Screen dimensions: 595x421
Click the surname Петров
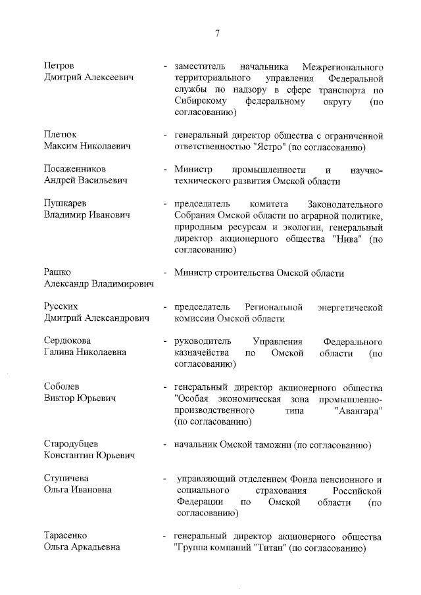pos(59,67)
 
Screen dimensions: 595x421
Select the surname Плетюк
pos(61,135)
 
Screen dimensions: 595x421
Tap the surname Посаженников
pos(74,169)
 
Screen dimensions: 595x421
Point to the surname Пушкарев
pos(65,203)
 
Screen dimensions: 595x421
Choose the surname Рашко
pos(57,272)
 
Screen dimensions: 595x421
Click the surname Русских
pos(62,306)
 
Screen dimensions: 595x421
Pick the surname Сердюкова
pos(67,341)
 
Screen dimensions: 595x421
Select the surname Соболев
pos(62,387)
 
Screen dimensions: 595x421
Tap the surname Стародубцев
pos(72,444)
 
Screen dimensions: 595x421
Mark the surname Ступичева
pos(67,479)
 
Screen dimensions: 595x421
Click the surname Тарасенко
pos(65,536)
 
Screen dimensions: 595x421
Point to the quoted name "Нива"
pos(347,238)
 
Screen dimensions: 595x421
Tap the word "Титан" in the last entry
pos(270,548)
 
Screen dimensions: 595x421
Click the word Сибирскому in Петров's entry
pos(201,102)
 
